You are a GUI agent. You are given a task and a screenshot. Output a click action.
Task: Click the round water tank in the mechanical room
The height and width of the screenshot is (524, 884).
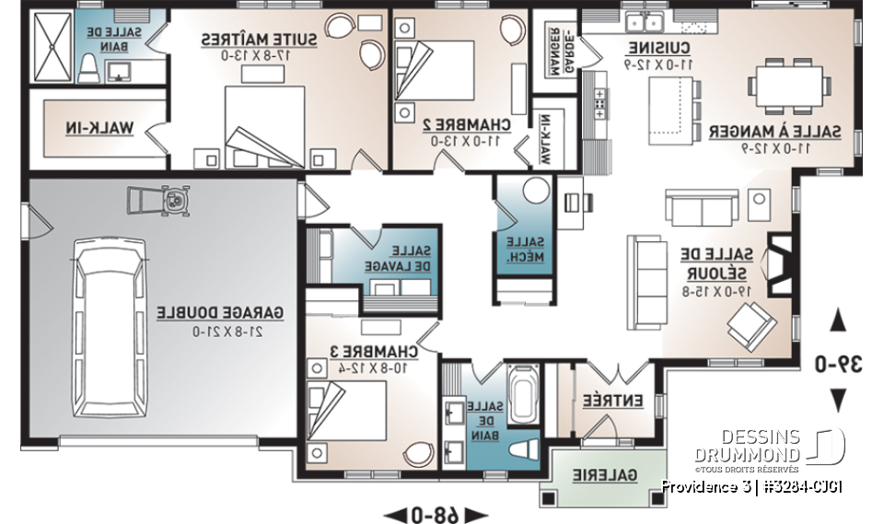pyautogui.click(x=536, y=192)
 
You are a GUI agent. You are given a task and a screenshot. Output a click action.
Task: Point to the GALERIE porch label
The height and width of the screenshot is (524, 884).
pyautogui.click(x=605, y=475)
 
